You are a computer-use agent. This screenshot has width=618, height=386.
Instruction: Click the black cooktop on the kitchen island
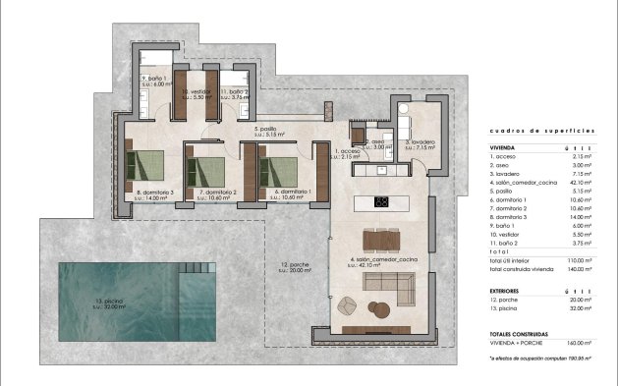(382, 203)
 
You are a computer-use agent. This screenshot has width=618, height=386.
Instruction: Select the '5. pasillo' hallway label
(265, 129)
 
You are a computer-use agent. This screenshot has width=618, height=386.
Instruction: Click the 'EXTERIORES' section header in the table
(506, 292)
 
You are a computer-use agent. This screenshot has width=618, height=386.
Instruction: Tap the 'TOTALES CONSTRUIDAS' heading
(521, 334)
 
